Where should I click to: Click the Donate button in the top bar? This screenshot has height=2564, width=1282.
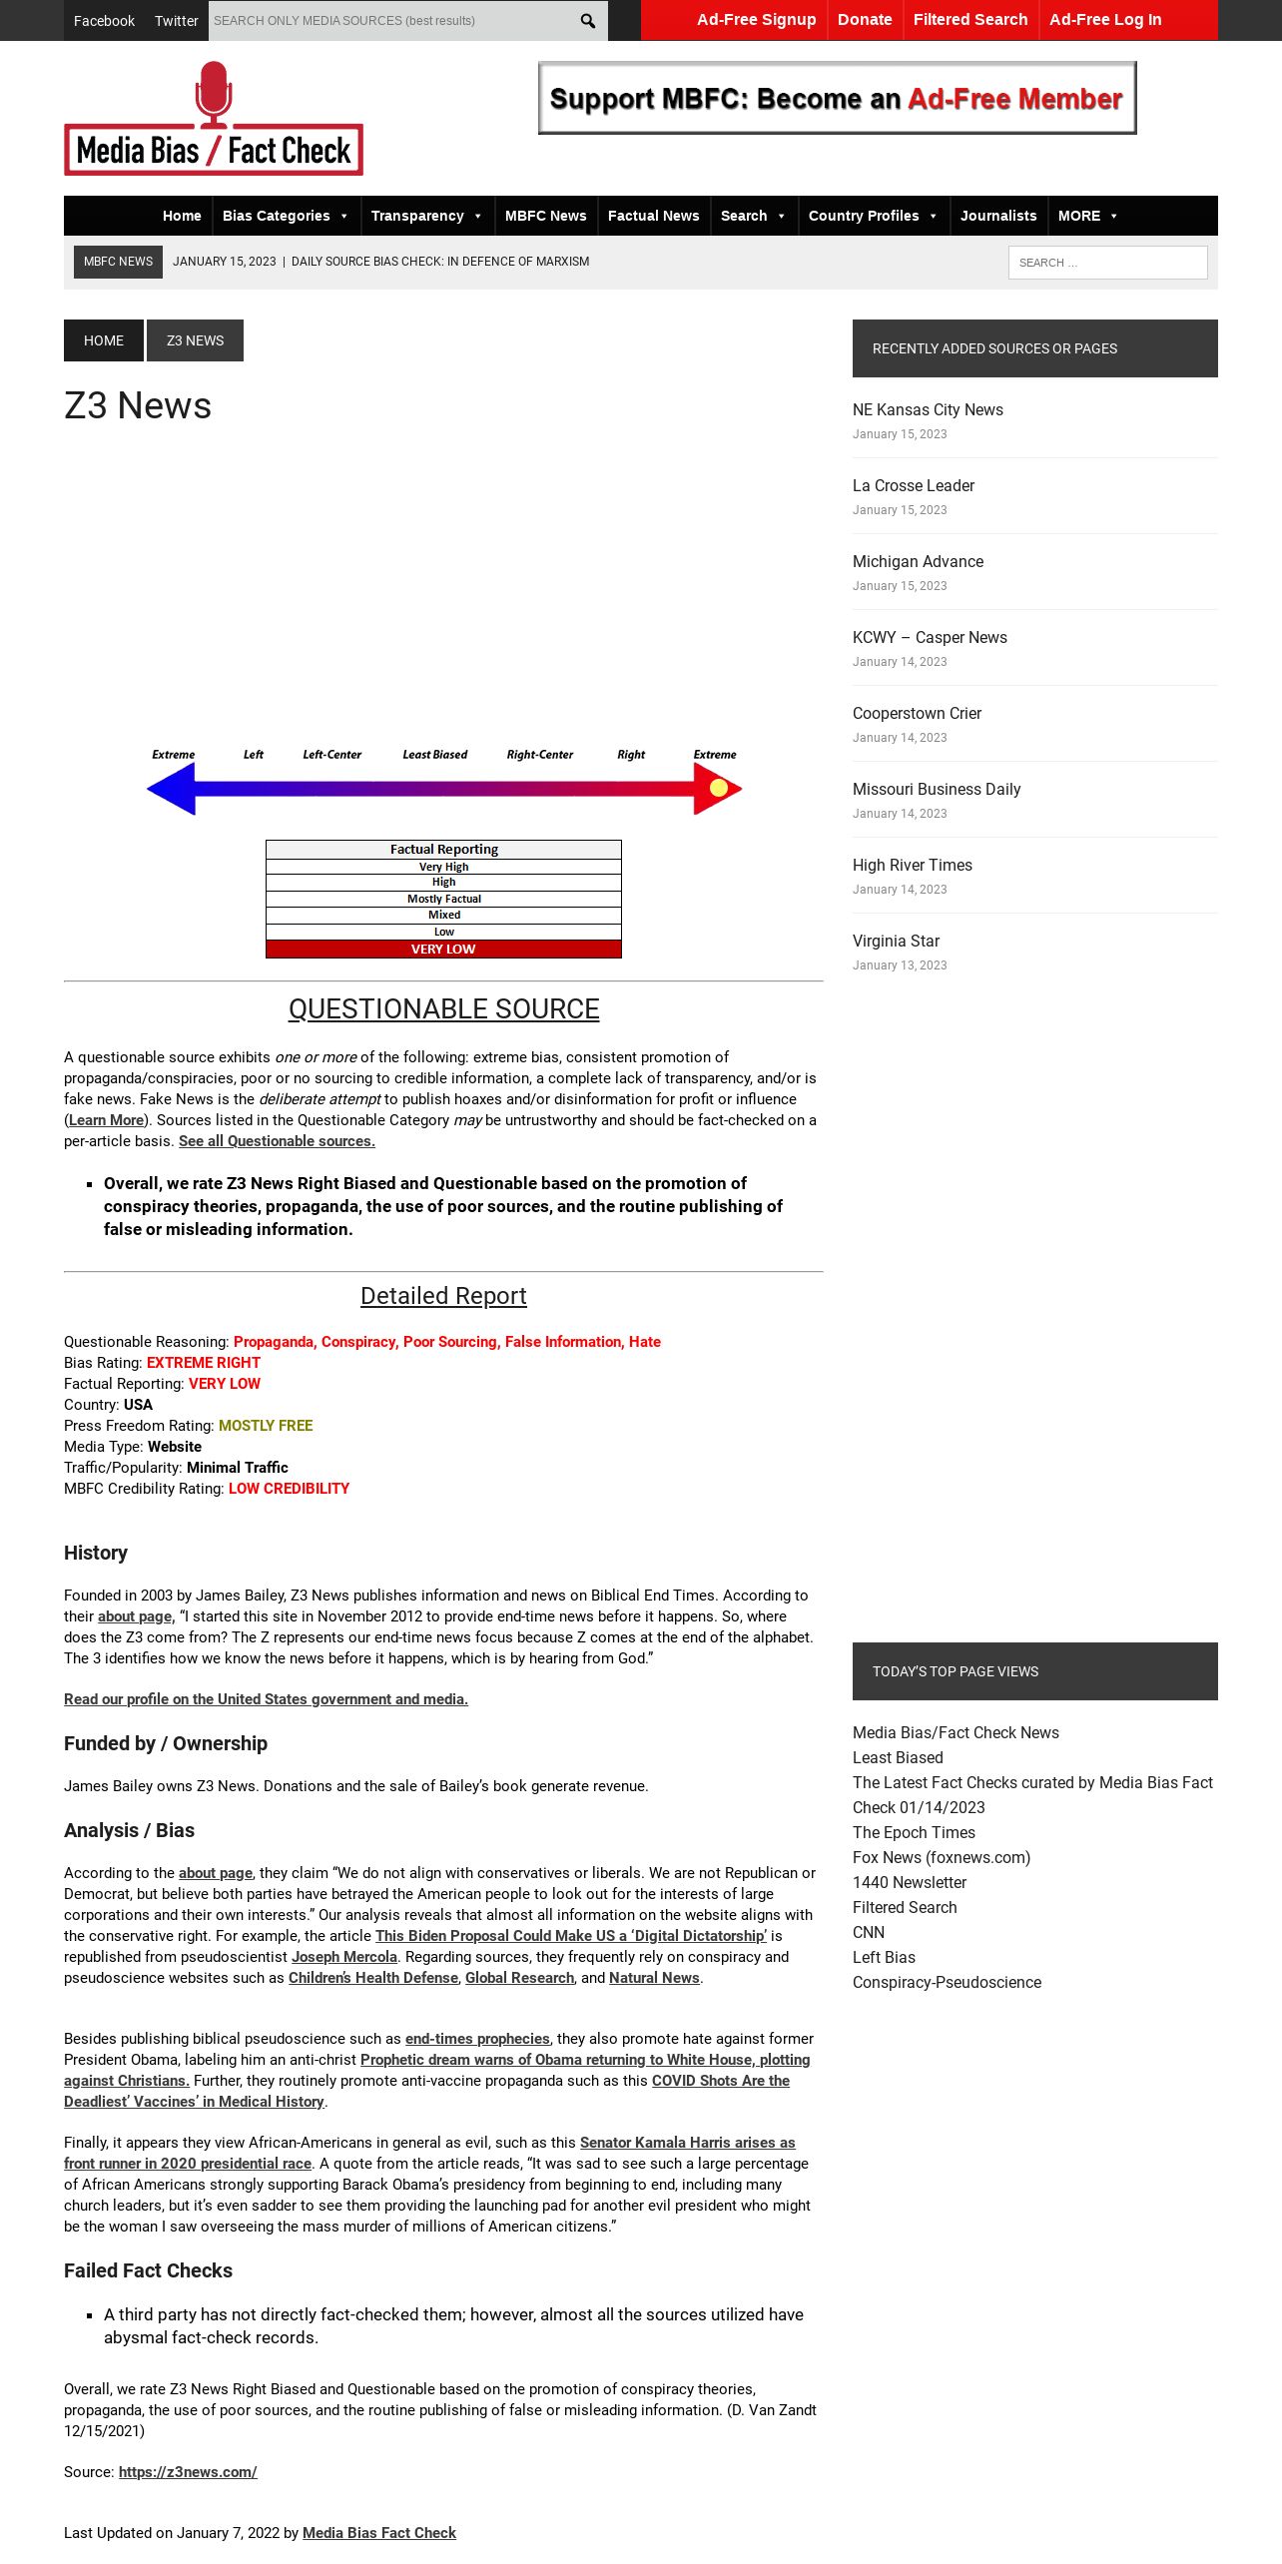[865, 20]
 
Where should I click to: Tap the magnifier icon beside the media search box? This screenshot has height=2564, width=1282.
[588, 21]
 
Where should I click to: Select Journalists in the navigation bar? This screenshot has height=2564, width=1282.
[998, 216]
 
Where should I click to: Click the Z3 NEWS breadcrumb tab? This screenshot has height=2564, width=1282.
[195, 340]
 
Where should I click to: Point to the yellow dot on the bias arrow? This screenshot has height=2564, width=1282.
[719, 788]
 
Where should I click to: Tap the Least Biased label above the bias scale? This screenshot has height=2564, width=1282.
[434, 755]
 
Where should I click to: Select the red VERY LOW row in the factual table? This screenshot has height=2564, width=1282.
[443, 950]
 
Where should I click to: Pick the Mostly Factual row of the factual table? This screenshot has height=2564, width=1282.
[443, 899]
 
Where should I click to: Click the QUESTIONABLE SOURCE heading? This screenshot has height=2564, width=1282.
[443, 1009]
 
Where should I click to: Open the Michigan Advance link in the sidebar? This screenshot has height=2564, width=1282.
[918, 561]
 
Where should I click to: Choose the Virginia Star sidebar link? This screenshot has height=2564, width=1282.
[896, 941]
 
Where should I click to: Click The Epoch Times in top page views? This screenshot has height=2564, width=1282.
[914, 1832]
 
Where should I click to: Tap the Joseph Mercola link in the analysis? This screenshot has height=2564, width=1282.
[343, 1957]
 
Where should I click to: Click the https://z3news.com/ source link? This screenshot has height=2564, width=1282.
[188, 2472]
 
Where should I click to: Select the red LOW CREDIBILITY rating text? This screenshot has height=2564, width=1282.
[289, 1489]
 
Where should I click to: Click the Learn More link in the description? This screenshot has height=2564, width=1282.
[106, 1120]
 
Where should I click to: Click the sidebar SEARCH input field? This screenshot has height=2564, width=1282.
[1107, 263]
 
